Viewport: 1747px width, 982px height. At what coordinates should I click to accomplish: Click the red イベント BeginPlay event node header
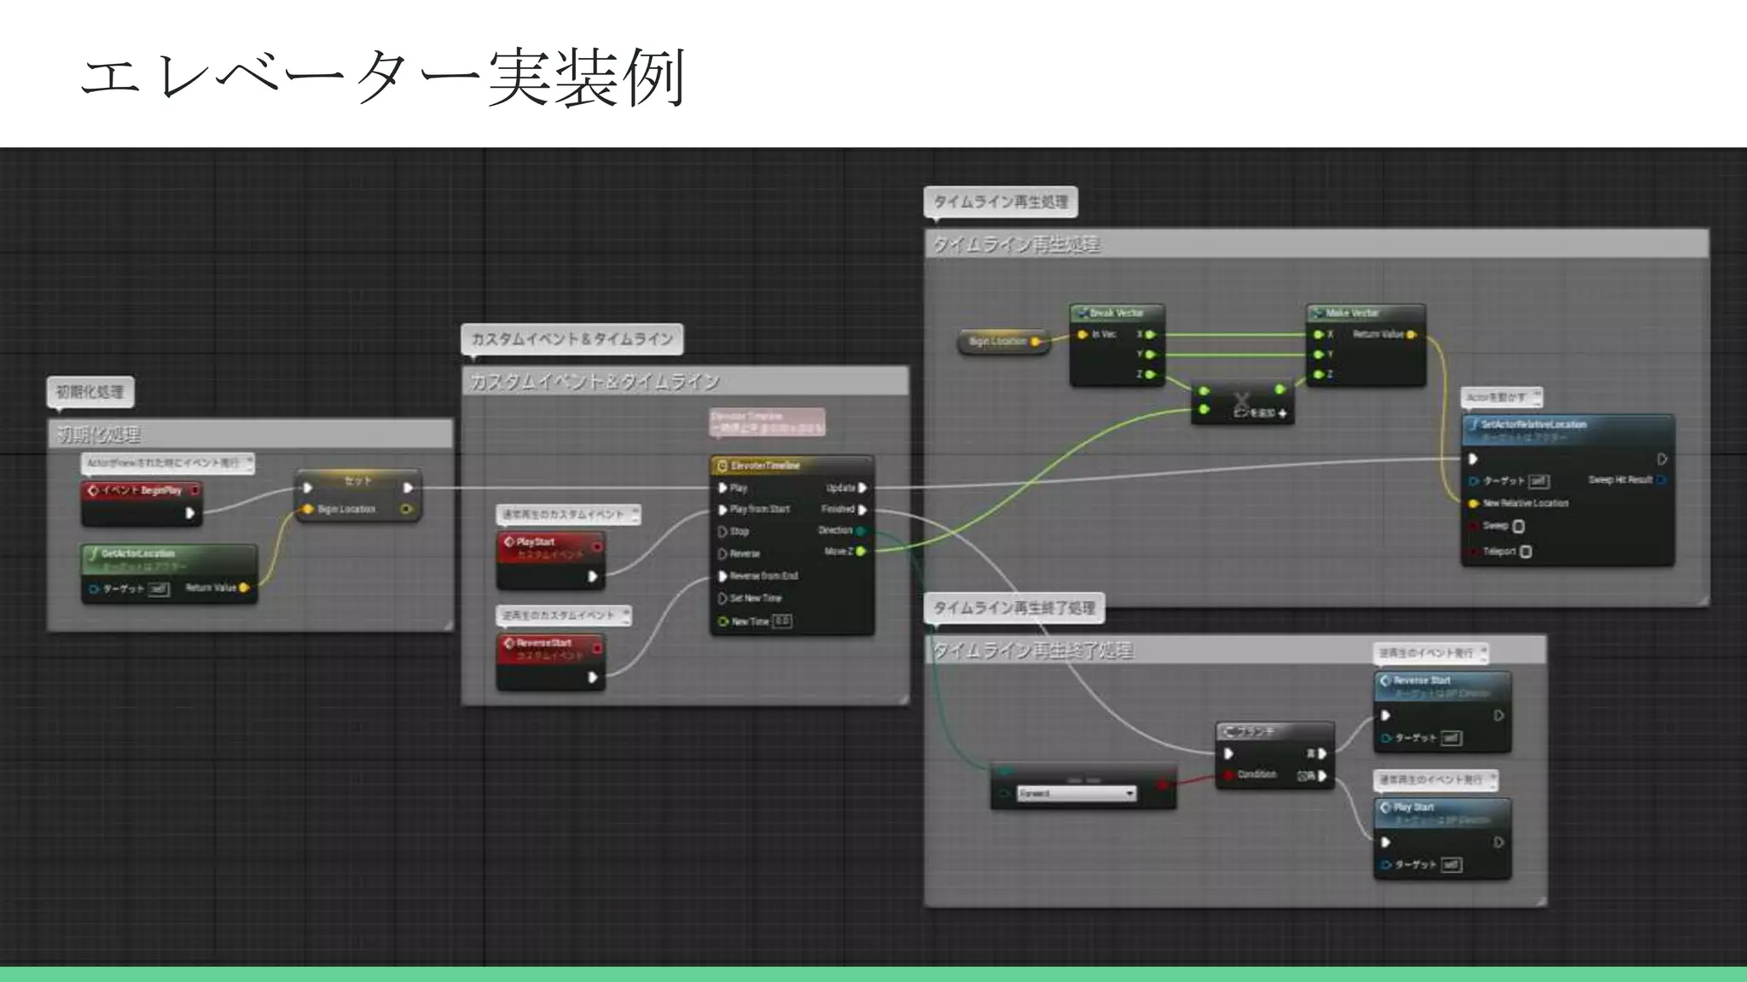point(142,490)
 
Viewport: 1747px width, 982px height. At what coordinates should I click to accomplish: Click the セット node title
point(357,481)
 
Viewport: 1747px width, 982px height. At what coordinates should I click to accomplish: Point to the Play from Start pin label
point(759,509)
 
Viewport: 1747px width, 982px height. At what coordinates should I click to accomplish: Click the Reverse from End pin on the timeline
point(723,576)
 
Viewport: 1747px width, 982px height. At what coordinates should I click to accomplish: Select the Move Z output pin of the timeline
point(861,552)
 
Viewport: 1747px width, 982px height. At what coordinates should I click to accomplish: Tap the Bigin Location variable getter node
point(1002,341)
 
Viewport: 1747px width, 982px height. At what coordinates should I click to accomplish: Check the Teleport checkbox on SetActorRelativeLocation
point(1526,552)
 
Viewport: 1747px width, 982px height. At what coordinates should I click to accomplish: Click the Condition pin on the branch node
point(1229,775)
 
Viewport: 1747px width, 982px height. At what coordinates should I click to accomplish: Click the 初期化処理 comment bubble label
point(90,392)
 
